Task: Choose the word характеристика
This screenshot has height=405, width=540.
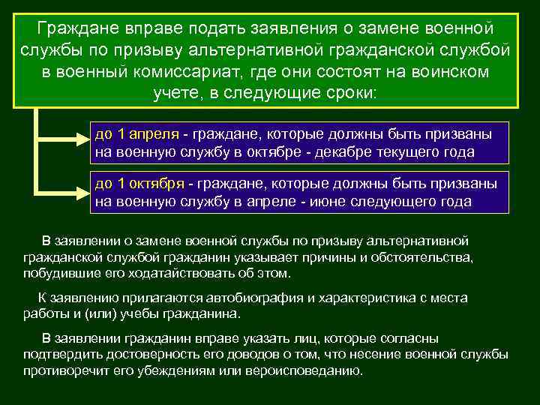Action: (x=364, y=298)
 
